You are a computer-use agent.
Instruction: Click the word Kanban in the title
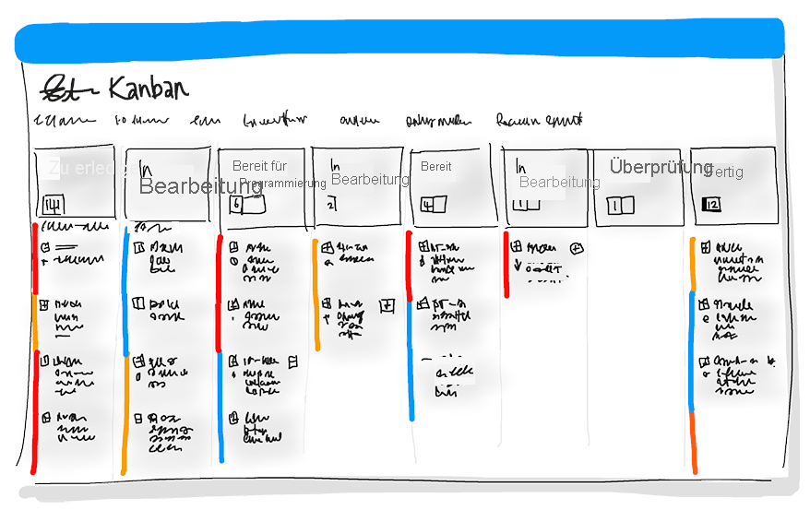pos(149,88)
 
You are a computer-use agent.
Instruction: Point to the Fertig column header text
pos(724,172)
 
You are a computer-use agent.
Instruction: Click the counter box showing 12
pos(710,205)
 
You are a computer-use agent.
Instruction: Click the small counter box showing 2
pos(331,206)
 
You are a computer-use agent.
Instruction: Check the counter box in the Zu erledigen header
pos(53,204)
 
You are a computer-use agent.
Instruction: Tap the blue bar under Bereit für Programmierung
pos(221,406)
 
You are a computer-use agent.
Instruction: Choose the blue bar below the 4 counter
pos(411,360)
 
